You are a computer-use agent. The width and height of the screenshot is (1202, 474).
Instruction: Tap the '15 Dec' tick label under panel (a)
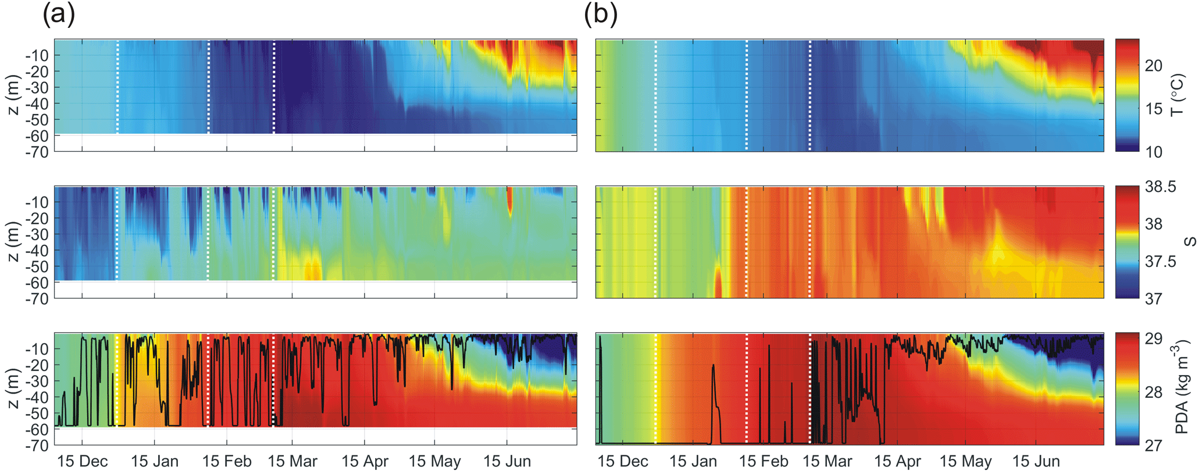point(83,462)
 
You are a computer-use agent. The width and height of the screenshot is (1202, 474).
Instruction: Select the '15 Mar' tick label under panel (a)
point(293,462)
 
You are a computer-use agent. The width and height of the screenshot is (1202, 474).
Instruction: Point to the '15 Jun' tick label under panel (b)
point(1036,462)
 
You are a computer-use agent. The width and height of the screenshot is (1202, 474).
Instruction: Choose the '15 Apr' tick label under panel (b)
point(897,462)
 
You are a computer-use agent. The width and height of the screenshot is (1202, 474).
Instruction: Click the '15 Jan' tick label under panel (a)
point(155,462)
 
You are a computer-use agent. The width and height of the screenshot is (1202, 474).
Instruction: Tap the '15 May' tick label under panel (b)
point(965,462)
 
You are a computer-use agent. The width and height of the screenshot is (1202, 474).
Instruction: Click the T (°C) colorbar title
point(1178,95)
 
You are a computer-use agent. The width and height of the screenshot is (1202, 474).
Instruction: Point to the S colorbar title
point(1190,241)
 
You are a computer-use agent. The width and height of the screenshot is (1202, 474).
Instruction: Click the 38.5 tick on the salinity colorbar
point(1160,187)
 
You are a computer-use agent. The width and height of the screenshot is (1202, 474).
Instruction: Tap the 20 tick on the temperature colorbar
point(1154,66)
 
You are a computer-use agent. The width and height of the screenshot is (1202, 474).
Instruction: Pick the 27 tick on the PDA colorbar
point(1154,446)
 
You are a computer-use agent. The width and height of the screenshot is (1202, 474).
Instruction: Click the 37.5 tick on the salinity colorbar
point(1160,262)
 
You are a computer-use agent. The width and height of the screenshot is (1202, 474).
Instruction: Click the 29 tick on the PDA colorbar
point(1154,339)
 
